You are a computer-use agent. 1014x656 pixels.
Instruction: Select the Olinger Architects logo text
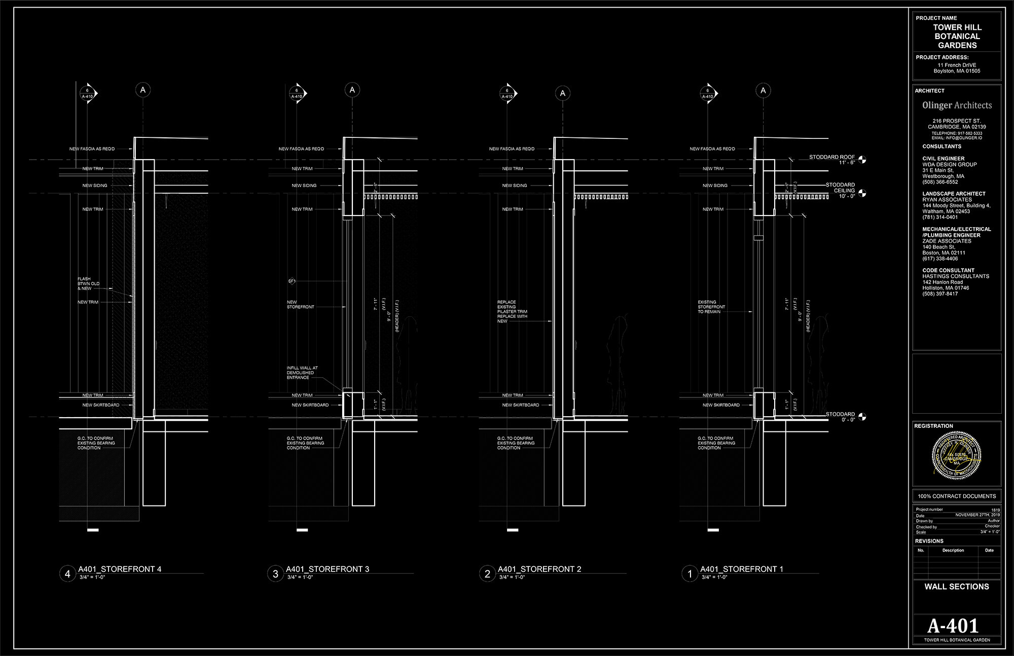pos(957,105)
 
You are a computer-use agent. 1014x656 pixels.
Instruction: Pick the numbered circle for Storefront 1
pos(690,574)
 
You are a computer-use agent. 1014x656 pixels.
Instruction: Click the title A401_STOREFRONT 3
pos(328,569)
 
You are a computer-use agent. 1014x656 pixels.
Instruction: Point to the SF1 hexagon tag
pos(292,281)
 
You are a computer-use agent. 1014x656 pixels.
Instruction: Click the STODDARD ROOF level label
pos(831,157)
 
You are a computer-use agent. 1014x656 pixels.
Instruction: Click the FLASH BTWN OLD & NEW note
pos(88,283)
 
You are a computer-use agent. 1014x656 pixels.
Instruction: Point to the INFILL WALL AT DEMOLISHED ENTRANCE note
pos(302,373)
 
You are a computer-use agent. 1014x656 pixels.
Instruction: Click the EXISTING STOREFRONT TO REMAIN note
pos(711,307)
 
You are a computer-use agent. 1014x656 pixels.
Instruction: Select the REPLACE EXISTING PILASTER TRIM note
pos(512,311)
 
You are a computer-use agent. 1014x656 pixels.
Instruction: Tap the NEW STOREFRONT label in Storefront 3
pos(300,304)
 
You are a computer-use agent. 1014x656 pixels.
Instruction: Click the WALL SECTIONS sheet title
pos(957,587)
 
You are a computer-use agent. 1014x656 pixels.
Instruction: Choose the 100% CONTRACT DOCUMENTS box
pos(957,496)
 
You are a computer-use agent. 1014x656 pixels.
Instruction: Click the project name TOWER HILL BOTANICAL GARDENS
pos(957,36)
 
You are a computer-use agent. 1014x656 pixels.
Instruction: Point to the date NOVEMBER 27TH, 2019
pos(977,515)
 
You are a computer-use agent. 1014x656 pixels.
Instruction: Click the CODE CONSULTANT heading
pos(948,270)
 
